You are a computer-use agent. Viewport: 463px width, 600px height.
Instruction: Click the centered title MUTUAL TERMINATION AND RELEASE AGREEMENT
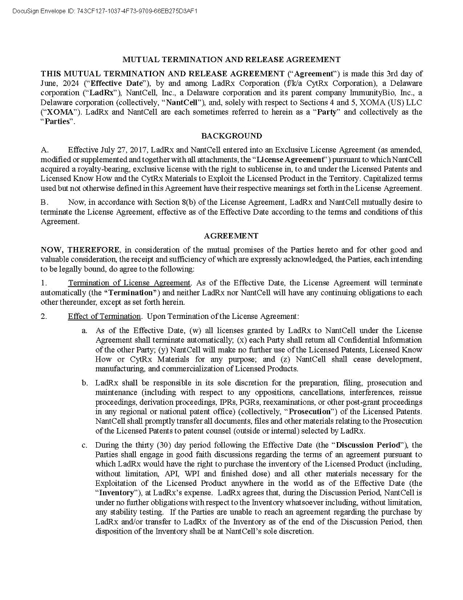coord(231,60)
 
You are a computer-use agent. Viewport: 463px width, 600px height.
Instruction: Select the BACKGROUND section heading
coord(231,136)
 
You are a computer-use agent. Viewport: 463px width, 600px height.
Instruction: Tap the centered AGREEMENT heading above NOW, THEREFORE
coord(231,235)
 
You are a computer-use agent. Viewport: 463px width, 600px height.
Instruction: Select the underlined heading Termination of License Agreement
coord(129,283)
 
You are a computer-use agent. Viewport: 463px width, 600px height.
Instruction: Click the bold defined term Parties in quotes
coord(57,122)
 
